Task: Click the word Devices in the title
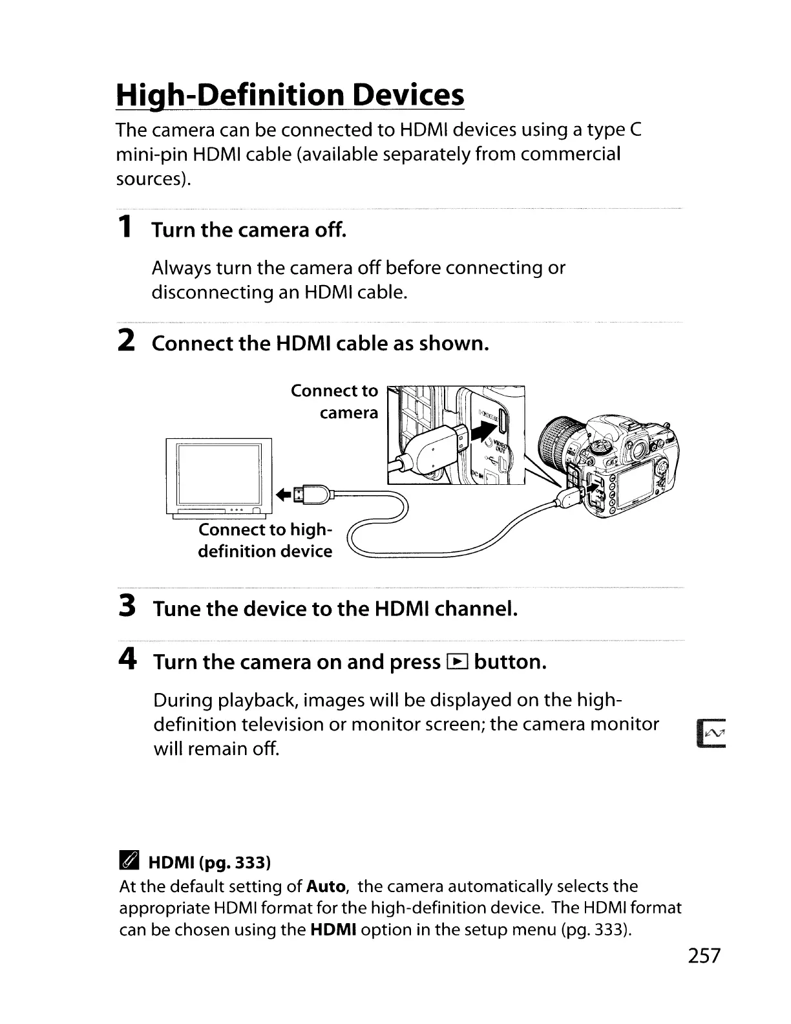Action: click(408, 95)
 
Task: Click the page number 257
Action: click(703, 955)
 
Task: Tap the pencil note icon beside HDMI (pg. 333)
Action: click(129, 862)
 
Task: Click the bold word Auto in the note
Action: click(326, 886)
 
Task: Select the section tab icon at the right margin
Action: click(712, 733)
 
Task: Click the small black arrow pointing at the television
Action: click(282, 495)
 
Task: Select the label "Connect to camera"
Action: click(334, 401)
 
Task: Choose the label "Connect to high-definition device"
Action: click(265, 540)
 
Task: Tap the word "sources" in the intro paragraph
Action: click(151, 179)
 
